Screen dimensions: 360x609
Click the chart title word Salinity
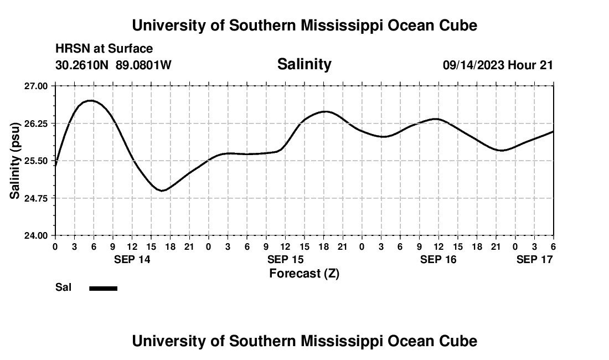point(304,64)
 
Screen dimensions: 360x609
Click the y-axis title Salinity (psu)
point(15,161)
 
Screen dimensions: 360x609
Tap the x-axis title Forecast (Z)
point(304,273)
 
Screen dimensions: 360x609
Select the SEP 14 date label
point(132,259)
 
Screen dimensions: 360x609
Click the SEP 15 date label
point(285,259)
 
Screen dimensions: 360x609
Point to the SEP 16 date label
point(438,259)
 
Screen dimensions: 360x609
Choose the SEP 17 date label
point(534,259)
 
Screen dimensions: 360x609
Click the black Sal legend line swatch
point(103,288)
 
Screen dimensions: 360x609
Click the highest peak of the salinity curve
point(90,100)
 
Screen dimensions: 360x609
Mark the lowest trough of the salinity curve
point(162,191)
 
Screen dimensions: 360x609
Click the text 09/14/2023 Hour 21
point(498,65)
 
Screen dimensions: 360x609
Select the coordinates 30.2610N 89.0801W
point(113,65)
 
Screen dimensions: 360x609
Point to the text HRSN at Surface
point(104,49)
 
